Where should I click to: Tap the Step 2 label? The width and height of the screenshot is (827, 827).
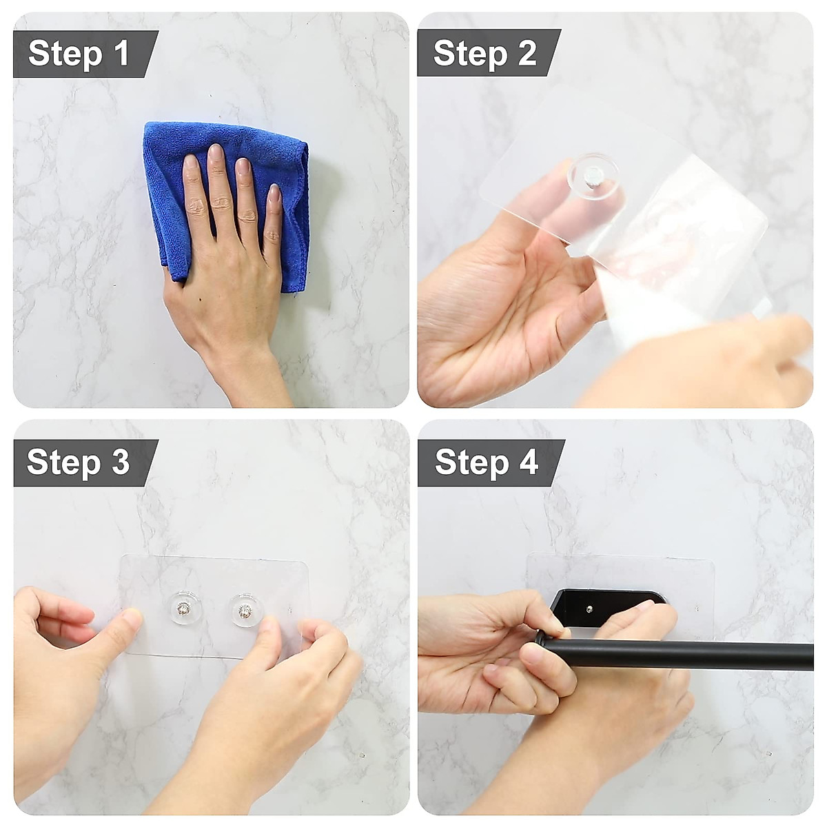(x=484, y=54)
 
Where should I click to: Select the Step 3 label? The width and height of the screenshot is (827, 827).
(x=78, y=462)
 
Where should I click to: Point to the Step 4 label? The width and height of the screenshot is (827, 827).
(x=486, y=462)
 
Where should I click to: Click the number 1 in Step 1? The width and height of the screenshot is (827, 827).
(x=122, y=54)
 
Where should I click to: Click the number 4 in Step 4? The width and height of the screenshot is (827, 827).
(x=529, y=462)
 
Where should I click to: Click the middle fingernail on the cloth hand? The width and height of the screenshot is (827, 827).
(x=216, y=152)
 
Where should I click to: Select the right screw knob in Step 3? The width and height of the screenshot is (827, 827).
(x=244, y=611)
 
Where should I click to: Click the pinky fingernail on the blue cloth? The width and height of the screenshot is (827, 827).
(x=274, y=193)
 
